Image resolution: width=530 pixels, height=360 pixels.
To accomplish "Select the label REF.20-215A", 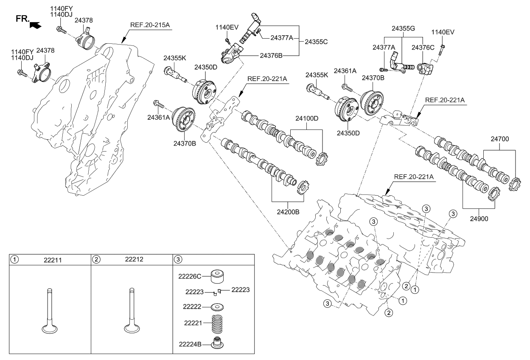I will [x=150, y=25].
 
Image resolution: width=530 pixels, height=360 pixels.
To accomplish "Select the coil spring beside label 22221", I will [x=217, y=323].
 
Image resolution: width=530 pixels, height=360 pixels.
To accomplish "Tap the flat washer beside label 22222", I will [x=217, y=307].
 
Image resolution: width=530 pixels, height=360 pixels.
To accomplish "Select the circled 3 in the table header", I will [x=178, y=259].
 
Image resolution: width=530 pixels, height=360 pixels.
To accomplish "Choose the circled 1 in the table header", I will [x=15, y=259].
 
